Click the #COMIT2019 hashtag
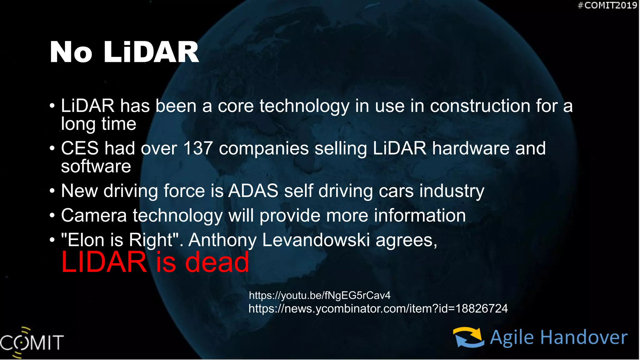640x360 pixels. pos(607,5)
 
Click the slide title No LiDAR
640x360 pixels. pos(124,52)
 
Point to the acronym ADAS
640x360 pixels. pos(253,191)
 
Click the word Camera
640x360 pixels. pos(94,215)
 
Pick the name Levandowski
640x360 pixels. pos(316,240)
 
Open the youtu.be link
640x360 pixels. pos(320,295)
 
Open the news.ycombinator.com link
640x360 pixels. pos(378,309)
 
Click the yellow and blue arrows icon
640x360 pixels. pos(468,337)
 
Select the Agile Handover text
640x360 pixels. pos(558,338)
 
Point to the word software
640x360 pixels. pos(96,166)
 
